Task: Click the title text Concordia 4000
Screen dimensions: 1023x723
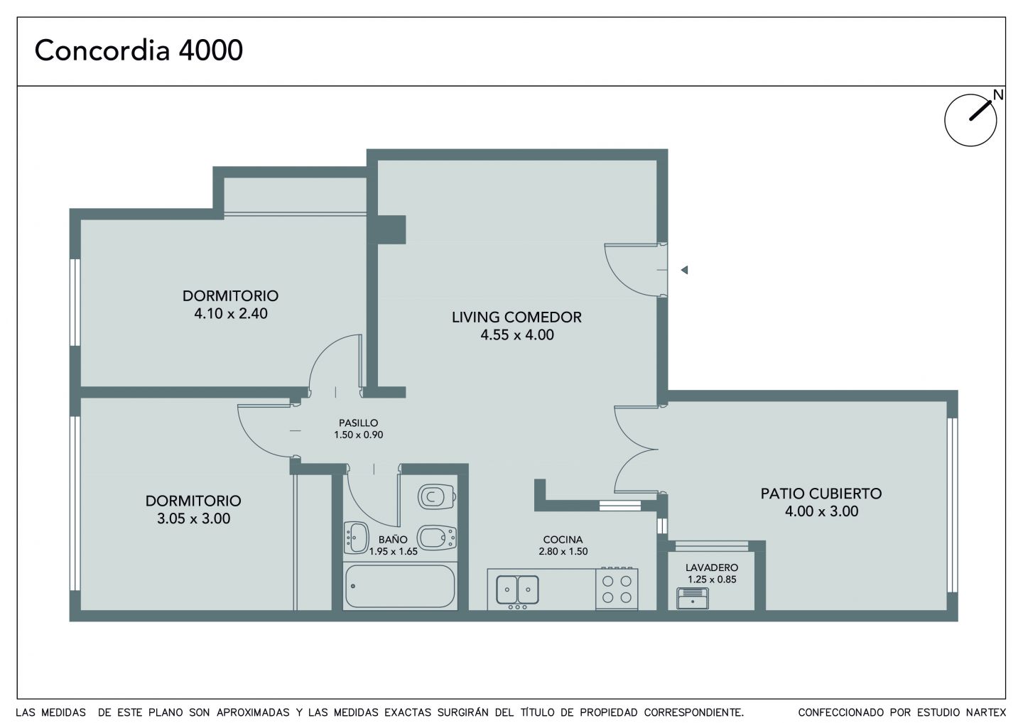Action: [x=139, y=50]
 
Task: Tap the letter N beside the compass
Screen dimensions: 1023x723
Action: [x=998, y=94]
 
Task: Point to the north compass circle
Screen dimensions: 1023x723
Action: [x=970, y=120]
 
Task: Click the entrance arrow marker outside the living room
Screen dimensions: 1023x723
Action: [x=684, y=270]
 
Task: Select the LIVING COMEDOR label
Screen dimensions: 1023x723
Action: [x=516, y=317]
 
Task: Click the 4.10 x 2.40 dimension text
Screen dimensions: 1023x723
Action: [x=231, y=314]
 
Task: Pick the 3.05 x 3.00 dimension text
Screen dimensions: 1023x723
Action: [x=194, y=518]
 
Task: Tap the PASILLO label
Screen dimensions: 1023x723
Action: [x=358, y=423]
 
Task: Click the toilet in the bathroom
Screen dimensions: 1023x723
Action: [x=437, y=496]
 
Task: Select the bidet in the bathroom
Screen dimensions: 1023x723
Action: [x=437, y=537]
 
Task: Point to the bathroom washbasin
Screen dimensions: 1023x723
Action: [x=356, y=538]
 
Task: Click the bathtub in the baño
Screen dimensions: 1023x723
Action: [x=400, y=587]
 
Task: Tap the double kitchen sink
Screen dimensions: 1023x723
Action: [x=517, y=589]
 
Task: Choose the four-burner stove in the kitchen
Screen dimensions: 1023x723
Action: [x=617, y=588]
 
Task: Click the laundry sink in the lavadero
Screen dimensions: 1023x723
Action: [x=693, y=599]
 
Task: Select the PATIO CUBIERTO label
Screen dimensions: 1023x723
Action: [x=821, y=494]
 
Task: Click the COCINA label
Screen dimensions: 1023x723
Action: [x=563, y=540]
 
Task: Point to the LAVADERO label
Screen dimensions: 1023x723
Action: [x=712, y=567]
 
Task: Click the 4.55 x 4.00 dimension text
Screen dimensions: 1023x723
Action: [x=517, y=335]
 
